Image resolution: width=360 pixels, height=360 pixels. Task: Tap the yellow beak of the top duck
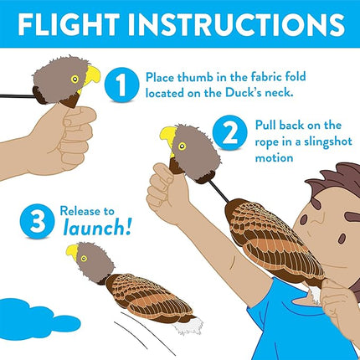click(x=92, y=76)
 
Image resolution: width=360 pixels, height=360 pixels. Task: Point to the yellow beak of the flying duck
click(x=73, y=251)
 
